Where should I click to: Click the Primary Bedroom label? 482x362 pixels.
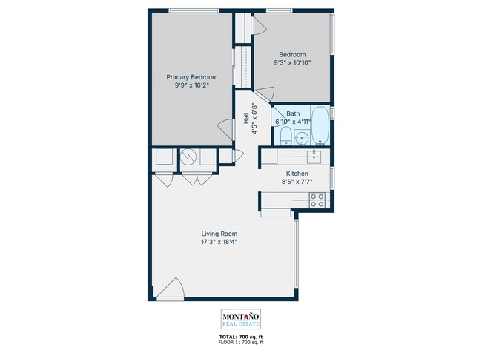tap(191, 77)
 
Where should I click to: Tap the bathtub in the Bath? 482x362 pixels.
tap(320, 125)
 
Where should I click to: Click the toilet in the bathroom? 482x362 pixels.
tap(285, 135)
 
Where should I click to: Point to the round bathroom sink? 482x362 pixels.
tap(302, 137)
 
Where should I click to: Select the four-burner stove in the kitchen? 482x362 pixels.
tap(317, 199)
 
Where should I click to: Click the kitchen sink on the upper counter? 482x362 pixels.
tap(314, 156)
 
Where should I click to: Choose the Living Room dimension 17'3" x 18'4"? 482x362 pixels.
tap(219, 242)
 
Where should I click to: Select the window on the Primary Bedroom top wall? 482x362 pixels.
tap(194, 10)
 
